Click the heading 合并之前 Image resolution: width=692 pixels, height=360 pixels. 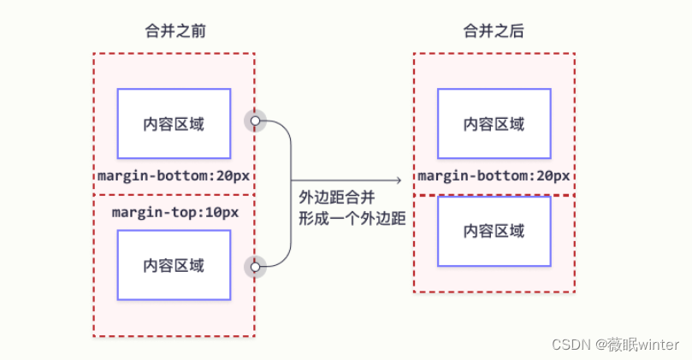(x=174, y=32)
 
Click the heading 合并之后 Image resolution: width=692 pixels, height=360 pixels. (x=494, y=32)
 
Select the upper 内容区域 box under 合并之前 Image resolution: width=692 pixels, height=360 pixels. (x=174, y=124)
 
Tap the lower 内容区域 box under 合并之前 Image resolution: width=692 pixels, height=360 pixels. (x=174, y=265)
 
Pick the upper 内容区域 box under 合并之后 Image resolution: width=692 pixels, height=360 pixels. (x=494, y=124)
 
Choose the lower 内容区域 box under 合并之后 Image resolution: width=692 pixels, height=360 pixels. (x=494, y=231)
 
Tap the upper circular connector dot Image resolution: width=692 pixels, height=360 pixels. (x=254, y=121)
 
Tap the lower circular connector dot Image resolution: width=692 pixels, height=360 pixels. (x=254, y=267)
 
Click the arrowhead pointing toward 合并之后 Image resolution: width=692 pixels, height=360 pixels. (x=398, y=180)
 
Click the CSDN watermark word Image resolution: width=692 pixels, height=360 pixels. (x=571, y=344)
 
